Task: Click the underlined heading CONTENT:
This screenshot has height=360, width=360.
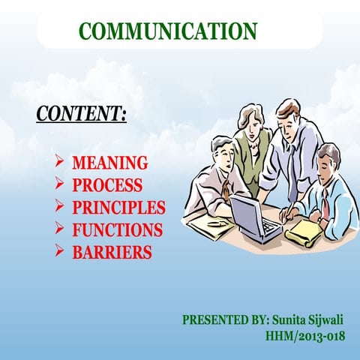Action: pyautogui.click(x=81, y=114)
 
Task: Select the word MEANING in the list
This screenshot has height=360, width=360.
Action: pyautogui.click(x=110, y=163)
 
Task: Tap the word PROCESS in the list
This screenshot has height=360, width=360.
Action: pyautogui.click(x=107, y=185)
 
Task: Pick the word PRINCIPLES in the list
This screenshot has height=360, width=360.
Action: pyautogui.click(x=118, y=207)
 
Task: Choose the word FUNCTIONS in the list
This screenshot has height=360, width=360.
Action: pyautogui.click(x=117, y=229)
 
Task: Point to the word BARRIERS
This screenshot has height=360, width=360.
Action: pyautogui.click(x=112, y=252)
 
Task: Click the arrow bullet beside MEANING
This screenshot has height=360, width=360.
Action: pyautogui.click(x=59, y=162)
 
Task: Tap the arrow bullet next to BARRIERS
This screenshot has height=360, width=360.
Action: pyautogui.click(x=59, y=251)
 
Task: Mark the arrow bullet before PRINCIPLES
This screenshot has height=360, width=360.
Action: pyautogui.click(x=59, y=206)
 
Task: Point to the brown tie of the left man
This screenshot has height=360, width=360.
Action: pyautogui.click(x=225, y=189)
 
